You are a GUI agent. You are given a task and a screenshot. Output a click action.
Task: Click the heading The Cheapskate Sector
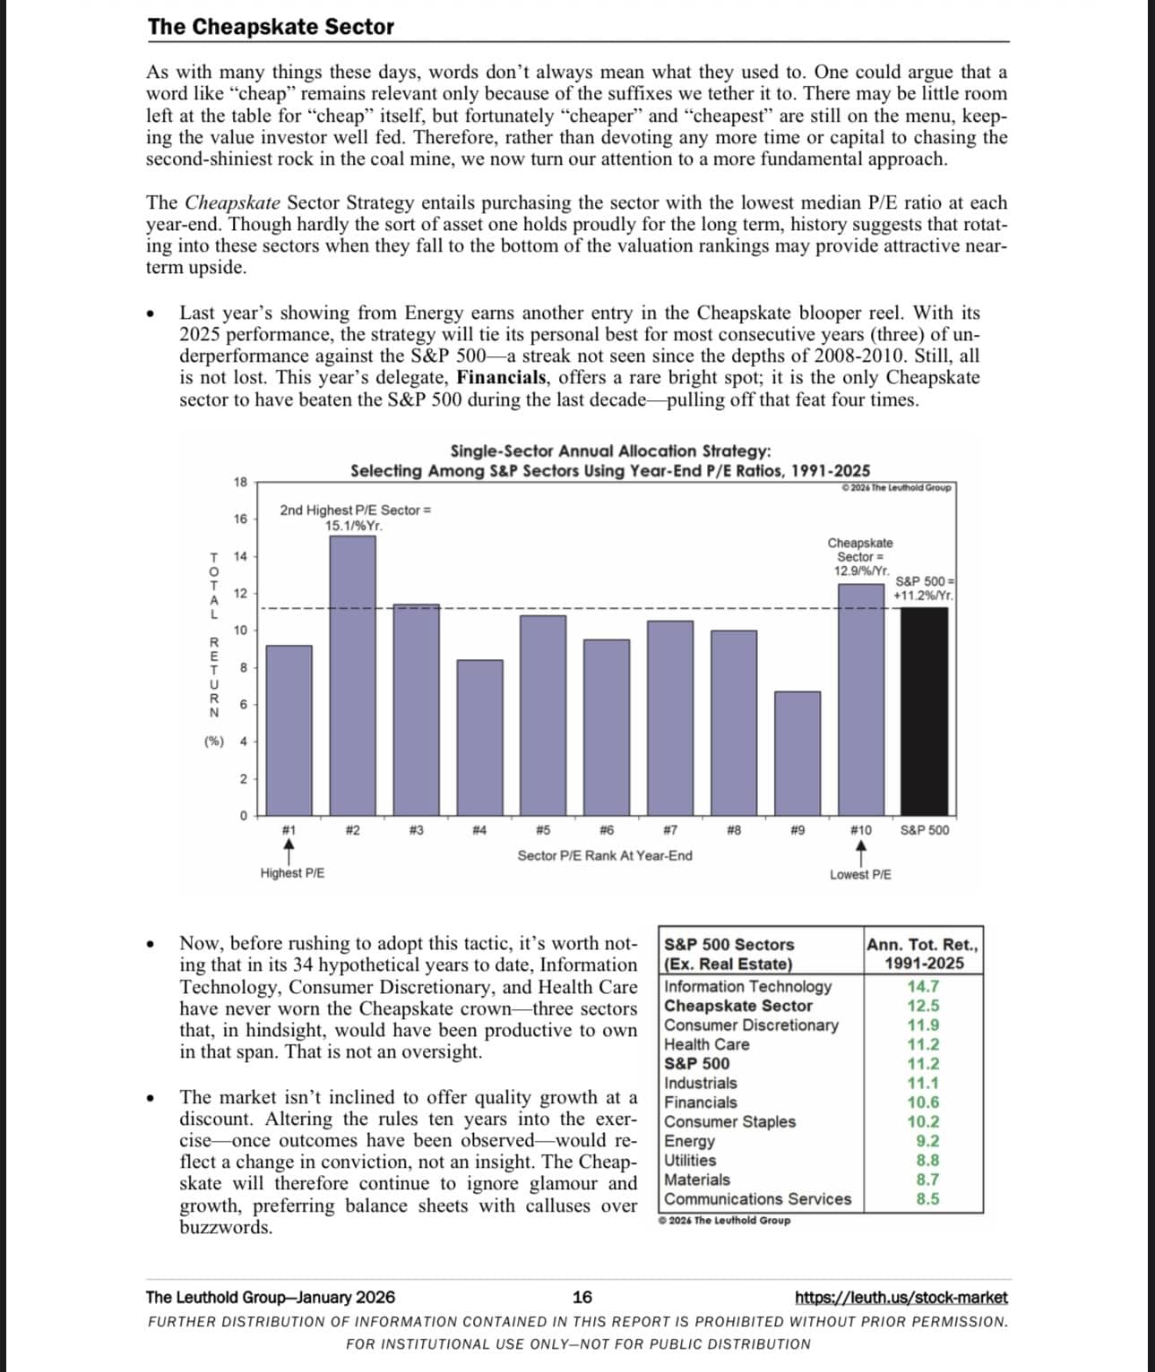[x=271, y=27]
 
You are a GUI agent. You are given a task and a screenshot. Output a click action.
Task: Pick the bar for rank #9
[x=797, y=752]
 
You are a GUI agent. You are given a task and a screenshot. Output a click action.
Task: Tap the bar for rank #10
[x=860, y=699]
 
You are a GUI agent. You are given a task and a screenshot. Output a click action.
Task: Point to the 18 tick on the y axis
[x=240, y=482]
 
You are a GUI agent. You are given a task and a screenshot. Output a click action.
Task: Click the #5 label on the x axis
[x=543, y=830]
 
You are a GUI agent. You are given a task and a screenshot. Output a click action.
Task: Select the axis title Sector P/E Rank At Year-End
[x=605, y=855]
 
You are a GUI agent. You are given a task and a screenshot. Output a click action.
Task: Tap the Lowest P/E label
[x=860, y=874]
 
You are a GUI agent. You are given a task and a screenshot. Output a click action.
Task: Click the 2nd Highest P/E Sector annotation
[x=355, y=517]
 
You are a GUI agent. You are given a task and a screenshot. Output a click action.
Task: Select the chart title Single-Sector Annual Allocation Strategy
[x=609, y=451]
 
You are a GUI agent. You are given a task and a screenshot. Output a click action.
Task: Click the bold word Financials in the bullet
[x=501, y=378]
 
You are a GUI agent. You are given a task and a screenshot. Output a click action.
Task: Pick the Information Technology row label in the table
[x=747, y=986]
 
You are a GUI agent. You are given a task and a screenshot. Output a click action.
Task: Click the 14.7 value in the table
[x=923, y=986]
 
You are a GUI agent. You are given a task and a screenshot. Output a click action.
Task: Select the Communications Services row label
[x=757, y=1199]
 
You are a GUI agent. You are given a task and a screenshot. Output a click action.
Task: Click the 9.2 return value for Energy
[x=927, y=1141]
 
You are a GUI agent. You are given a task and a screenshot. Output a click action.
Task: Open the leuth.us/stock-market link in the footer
[x=901, y=1298]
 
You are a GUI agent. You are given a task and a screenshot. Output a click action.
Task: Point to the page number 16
[x=582, y=1297]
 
